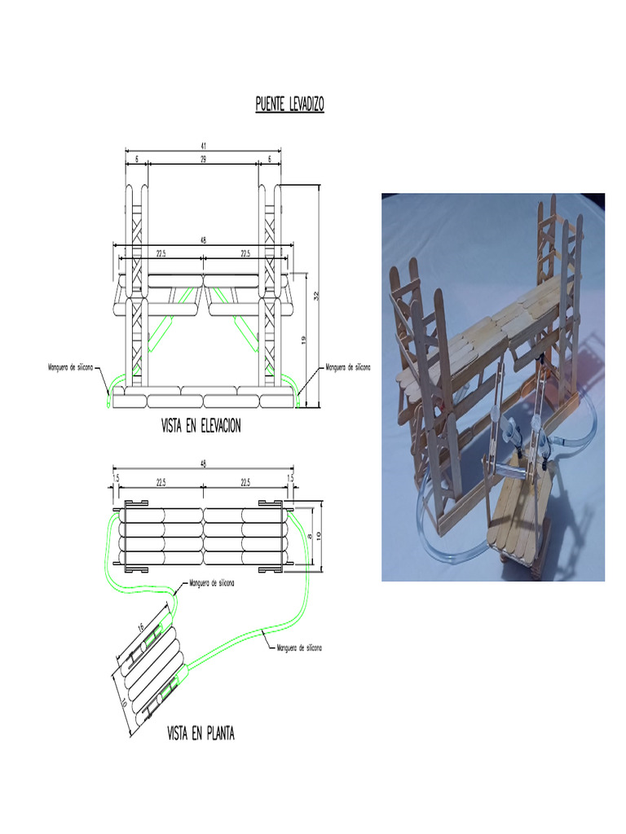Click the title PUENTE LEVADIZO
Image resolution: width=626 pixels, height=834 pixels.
point(289,105)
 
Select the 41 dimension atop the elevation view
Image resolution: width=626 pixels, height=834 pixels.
point(202,146)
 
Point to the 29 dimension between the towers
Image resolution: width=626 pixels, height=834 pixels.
point(202,160)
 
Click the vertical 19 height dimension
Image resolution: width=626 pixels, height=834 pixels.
point(303,340)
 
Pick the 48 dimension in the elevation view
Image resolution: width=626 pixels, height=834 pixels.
point(201,240)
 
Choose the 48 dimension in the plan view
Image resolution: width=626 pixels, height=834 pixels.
point(202,465)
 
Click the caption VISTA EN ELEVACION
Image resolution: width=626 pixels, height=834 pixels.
point(201,426)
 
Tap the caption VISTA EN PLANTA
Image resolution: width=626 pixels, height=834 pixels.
point(201,735)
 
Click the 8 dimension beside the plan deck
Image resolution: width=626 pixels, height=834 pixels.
point(307,535)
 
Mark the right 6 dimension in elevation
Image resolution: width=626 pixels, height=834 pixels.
point(270,160)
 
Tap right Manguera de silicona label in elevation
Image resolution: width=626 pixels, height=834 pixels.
point(347,367)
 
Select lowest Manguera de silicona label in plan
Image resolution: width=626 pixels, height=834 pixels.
point(299,648)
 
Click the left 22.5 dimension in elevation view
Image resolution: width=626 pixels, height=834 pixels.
point(161,253)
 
